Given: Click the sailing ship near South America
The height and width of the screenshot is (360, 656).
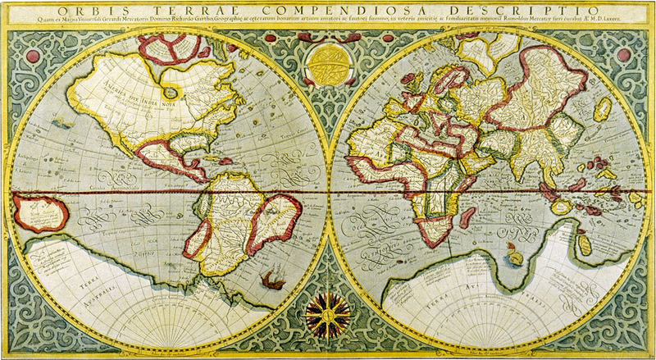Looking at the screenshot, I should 276,287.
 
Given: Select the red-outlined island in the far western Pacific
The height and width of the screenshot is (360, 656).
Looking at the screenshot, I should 39,215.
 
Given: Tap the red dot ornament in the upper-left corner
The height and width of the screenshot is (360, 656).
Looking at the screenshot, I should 32,57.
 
